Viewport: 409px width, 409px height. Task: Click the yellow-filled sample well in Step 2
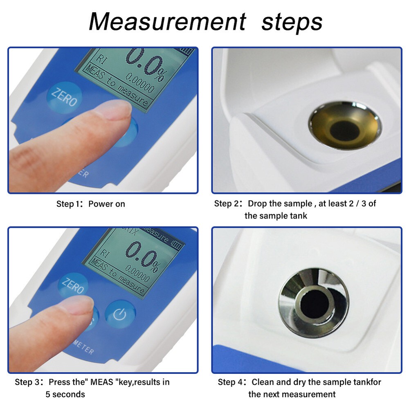[x=344, y=126]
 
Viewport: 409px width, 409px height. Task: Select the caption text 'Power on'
[x=107, y=204]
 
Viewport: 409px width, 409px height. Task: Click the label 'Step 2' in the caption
[x=226, y=204]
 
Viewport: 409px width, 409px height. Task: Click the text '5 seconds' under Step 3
[x=65, y=394]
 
